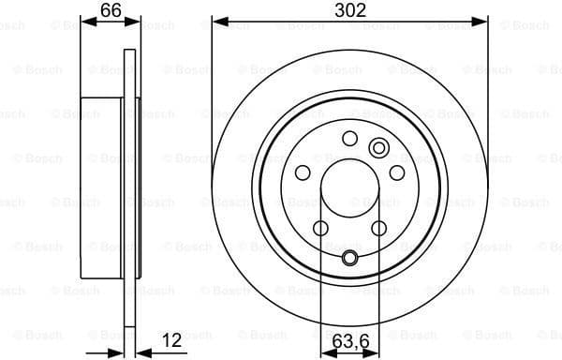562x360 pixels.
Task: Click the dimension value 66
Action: tap(111, 10)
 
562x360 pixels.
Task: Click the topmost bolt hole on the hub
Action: tap(349, 139)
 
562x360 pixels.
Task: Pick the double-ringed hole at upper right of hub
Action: tap(379, 147)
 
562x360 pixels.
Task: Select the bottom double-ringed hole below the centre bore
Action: tap(349, 260)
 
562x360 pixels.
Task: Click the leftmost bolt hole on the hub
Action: tap(302, 172)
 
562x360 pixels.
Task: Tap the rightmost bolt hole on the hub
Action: tap(397, 172)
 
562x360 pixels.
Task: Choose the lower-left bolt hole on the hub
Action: tap(320, 228)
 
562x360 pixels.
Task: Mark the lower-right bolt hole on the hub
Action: tap(378, 228)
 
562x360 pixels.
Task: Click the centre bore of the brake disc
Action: tap(349, 192)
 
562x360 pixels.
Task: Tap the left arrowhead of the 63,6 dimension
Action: tap(326, 352)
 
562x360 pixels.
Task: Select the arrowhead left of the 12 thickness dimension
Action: tap(118, 352)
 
